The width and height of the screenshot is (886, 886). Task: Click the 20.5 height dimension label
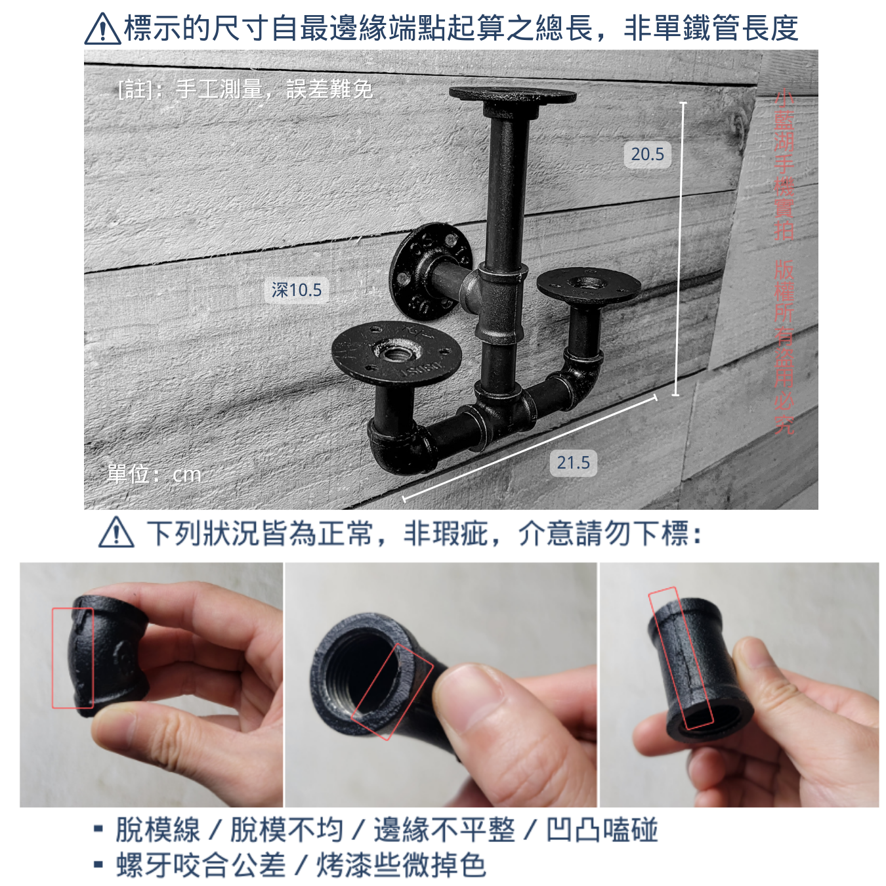pyautogui.click(x=647, y=154)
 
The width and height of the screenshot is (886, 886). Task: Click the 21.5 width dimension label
pyautogui.click(x=573, y=463)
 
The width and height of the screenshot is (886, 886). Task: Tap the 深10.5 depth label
pyautogui.click(x=297, y=290)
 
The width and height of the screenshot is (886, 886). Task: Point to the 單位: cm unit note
pyautogui.click(x=154, y=474)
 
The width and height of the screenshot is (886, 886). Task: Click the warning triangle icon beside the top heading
pyautogui.click(x=103, y=29)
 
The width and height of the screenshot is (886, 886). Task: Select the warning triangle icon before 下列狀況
pyautogui.click(x=116, y=532)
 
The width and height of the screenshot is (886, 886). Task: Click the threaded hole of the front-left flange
pyautogui.click(x=395, y=354)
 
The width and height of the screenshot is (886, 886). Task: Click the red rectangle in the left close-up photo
pyautogui.click(x=73, y=658)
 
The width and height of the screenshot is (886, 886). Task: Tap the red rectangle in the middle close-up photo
pyautogui.click(x=392, y=691)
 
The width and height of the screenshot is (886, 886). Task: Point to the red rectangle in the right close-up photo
pyautogui.click(x=681, y=658)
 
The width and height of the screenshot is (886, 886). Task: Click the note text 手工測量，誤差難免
pyautogui.click(x=274, y=89)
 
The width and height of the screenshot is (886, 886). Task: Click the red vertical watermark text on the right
pyautogui.click(x=784, y=263)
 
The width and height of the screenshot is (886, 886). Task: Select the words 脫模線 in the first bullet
pyautogui.click(x=158, y=830)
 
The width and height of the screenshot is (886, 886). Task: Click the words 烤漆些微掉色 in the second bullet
pyautogui.click(x=401, y=865)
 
